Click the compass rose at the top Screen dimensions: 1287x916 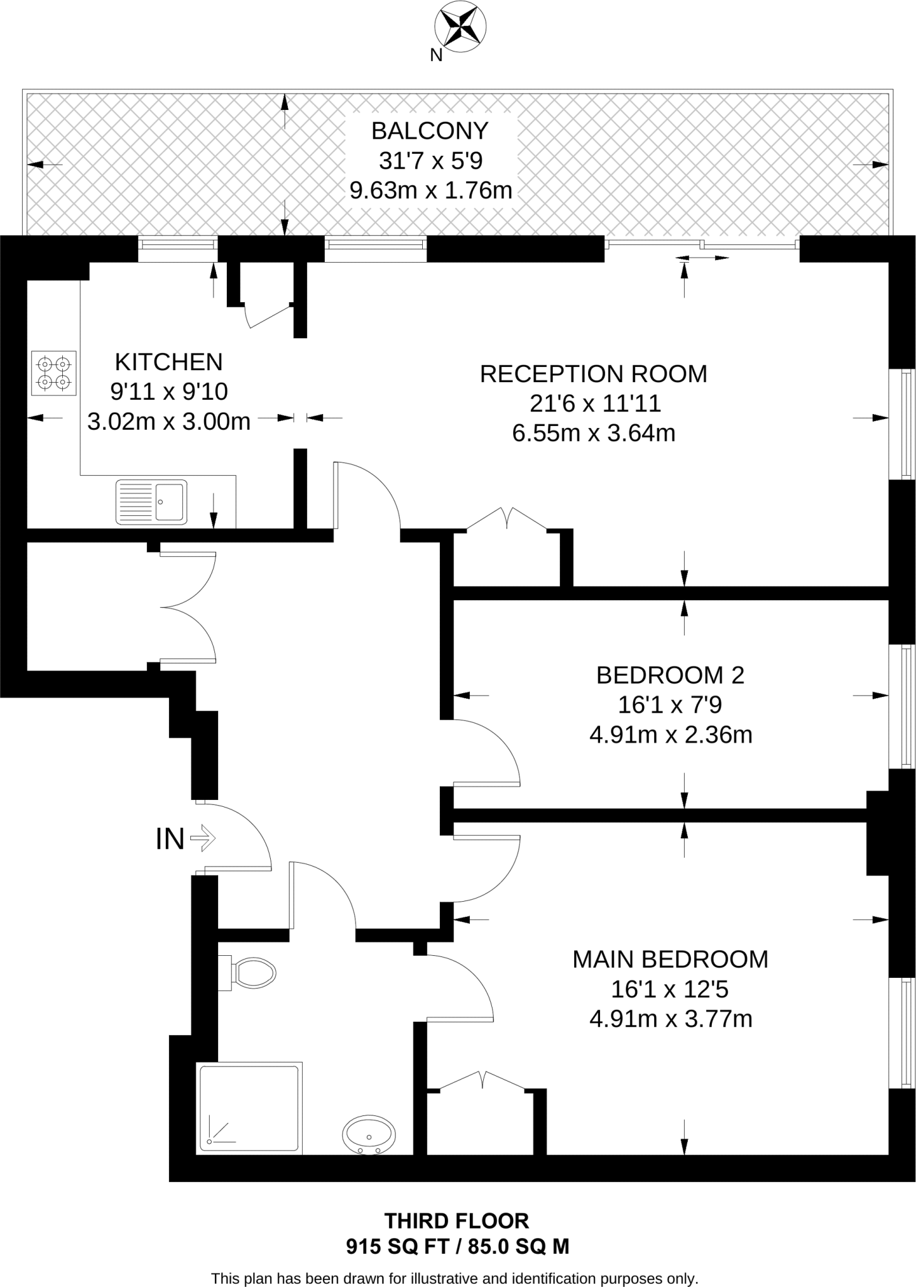[461, 28]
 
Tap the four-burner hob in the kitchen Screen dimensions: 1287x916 [53, 373]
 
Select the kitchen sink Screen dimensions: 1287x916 [151, 501]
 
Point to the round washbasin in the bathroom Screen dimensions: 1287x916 [369, 1136]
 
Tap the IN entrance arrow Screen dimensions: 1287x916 [202, 838]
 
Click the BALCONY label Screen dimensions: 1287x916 [430, 131]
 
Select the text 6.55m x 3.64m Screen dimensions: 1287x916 [594, 434]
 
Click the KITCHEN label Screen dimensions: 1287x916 [168, 363]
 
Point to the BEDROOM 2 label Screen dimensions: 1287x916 [670, 676]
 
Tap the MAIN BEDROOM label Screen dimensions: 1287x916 [670, 960]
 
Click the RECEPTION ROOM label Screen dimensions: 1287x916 [593, 374]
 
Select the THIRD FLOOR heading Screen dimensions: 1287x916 [457, 1221]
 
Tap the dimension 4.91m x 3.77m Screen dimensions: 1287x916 [670, 1019]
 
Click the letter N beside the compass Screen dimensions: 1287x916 [436, 56]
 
